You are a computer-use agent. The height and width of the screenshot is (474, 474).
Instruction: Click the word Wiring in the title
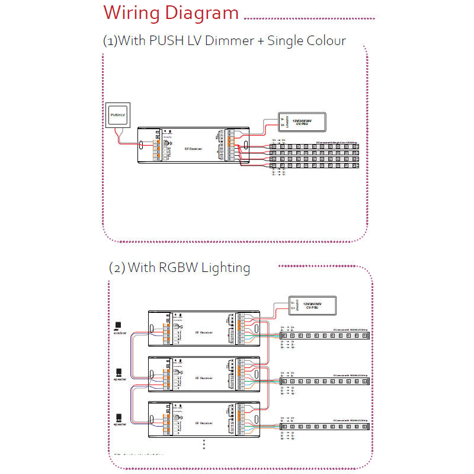[133, 13]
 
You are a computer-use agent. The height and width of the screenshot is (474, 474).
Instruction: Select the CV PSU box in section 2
[312, 305]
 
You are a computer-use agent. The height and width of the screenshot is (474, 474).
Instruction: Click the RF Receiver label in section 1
[194, 149]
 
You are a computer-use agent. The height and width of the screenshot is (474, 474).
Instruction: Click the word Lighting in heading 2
[226, 267]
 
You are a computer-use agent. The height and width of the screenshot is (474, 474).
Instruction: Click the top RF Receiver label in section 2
[203, 332]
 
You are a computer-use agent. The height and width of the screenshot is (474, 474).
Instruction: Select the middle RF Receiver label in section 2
[203, 377]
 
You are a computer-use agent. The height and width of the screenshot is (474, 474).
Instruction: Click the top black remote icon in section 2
[118, 325]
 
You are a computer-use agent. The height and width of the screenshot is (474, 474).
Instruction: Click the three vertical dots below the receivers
[204, 445]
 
